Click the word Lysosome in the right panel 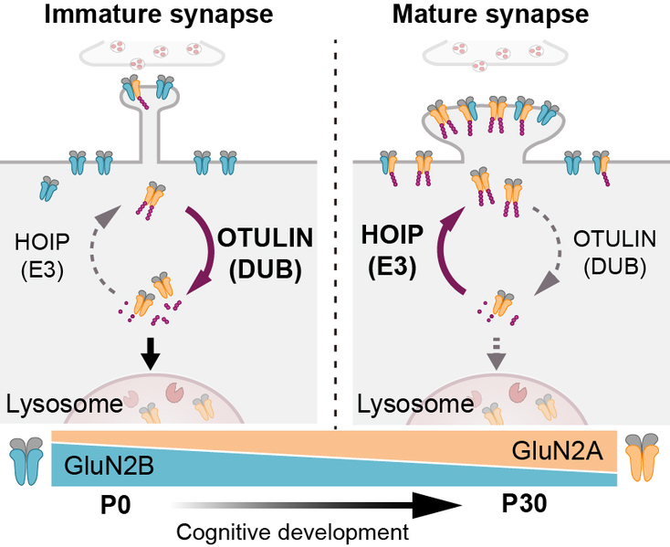coord(402,403)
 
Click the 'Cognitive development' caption coord(291,531)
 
